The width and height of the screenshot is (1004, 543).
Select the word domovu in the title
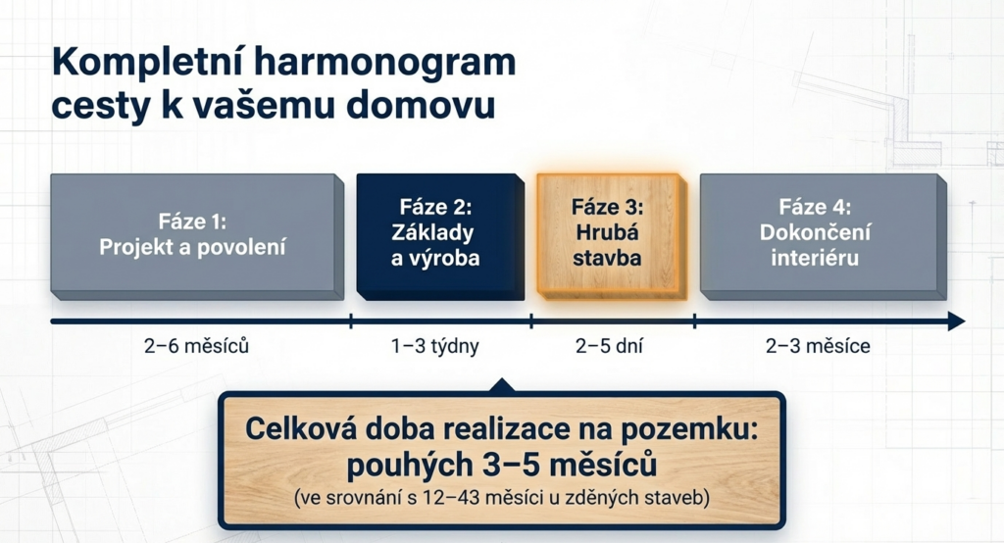421,104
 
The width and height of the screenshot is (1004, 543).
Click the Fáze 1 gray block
197,236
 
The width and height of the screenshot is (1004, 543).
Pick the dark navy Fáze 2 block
440,236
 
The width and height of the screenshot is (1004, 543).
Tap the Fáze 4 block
823,236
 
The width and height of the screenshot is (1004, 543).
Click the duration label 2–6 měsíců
196,346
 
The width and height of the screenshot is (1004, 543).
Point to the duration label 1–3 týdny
434,346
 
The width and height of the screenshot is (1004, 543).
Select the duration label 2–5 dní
608,346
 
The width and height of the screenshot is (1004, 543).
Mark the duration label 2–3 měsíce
818,346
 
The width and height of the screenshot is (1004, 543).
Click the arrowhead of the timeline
957,321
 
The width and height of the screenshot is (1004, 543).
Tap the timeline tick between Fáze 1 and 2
351,321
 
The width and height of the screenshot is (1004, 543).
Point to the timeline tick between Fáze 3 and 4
695,321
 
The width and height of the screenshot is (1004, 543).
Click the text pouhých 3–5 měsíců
501,465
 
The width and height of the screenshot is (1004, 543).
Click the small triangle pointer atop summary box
502,385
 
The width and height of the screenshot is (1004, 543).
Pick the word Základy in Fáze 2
432,232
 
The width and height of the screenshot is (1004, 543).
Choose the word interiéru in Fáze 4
815,258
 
